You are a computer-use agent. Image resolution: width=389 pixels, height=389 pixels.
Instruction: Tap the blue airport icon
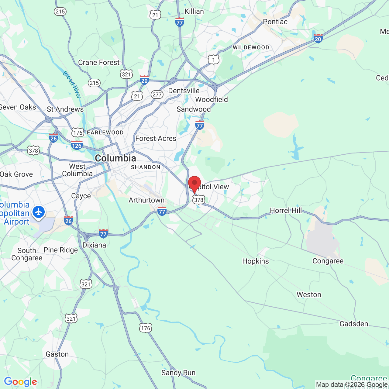point(39,212)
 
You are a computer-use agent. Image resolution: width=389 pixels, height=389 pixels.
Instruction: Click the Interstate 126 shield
point(77,146)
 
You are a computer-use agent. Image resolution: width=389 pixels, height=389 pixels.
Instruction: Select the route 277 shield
point(157,95)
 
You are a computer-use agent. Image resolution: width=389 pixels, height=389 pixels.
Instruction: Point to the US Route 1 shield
point(213,60)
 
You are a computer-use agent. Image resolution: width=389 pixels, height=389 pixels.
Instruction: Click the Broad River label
point(72,84)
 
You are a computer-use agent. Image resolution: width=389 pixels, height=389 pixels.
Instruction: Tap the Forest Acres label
point(156,139)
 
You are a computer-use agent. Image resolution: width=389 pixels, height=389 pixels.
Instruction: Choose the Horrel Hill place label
point(286,210)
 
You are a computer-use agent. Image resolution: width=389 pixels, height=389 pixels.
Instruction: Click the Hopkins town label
point(255,261)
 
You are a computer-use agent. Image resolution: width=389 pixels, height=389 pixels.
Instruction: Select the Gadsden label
point(353,324)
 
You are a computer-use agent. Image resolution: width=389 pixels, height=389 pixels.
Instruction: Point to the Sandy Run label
point(178,373)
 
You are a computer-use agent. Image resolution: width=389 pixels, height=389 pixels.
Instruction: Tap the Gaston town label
point(57,354)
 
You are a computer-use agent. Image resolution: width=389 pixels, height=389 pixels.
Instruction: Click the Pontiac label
point(275,22)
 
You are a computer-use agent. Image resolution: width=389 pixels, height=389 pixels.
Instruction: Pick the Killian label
point(194,12)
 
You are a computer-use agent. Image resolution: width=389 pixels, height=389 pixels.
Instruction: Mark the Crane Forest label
point(99,63)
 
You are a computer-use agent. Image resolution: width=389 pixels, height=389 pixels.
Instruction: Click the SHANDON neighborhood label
point(146,167)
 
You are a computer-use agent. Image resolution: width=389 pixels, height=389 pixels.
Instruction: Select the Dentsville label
point(184,91)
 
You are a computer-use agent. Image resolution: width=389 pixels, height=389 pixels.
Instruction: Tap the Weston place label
point(309,295)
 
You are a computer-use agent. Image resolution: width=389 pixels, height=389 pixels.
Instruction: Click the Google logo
point(20,382)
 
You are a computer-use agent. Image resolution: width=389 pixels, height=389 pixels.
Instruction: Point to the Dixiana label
point(94,245)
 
